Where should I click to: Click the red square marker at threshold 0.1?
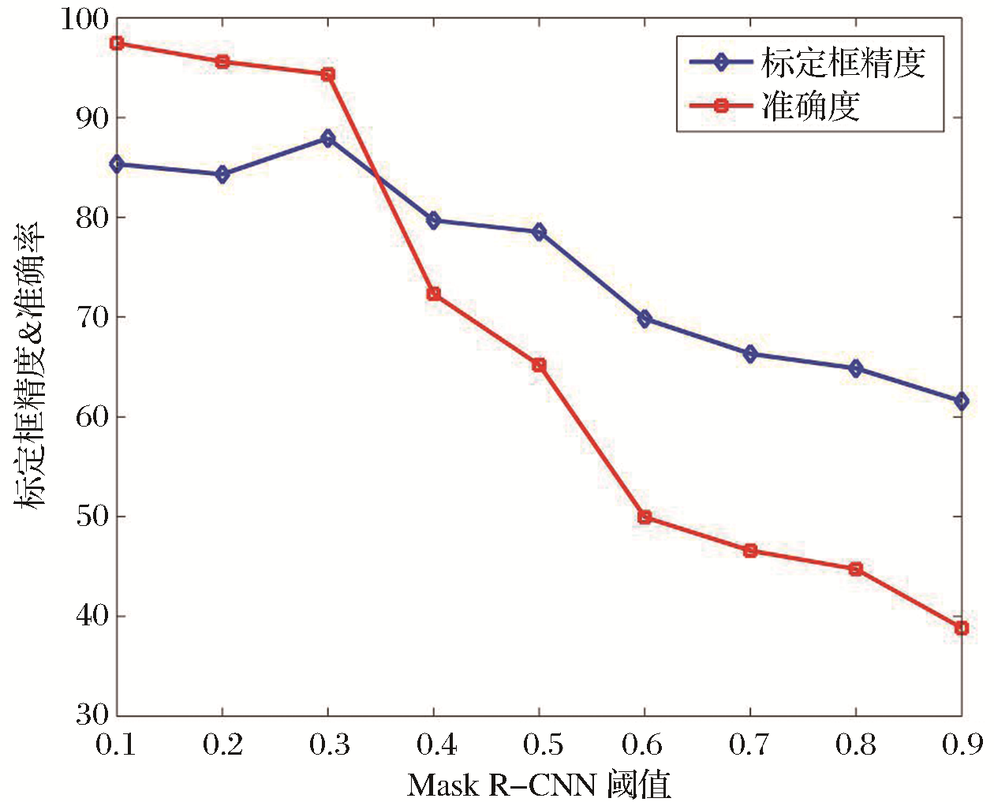(x=117, y=43)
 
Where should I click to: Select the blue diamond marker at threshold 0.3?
(x=328, y=139)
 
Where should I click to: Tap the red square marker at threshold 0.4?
(x=433, y=294)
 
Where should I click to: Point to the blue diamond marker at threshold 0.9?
(x=961, y=401)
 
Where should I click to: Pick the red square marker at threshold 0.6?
(x=645, y=517)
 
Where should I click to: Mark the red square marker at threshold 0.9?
(x=961, y=629)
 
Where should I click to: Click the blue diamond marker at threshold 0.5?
(x=539, y=232)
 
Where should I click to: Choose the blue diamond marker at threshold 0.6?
(x=645, y=319)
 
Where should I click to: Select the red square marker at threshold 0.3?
(x=328, y=74)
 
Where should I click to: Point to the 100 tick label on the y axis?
(x=85, y=19)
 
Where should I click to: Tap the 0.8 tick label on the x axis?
(x=856, y=744)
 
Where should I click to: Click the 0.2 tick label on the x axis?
(x=223, y=744)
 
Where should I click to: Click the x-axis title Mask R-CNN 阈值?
(x=539, y=785)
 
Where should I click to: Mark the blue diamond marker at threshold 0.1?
(x=117, y=164)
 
